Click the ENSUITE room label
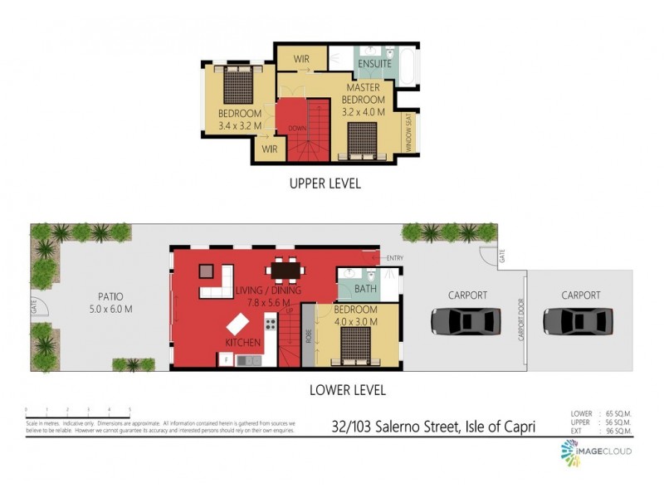coord(375,64)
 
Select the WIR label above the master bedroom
coord(301,59)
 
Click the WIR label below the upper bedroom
coord(269,149)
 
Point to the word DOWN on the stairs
coord(298,128)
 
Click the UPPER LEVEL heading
coord(325,183)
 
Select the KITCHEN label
coord(243,342)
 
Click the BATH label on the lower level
coord(365,289)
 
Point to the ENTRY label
coord(393,258)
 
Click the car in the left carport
coord(466,320)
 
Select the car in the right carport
coord(579,320)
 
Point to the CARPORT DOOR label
coord(522,320)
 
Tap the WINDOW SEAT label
coord(408,131)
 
